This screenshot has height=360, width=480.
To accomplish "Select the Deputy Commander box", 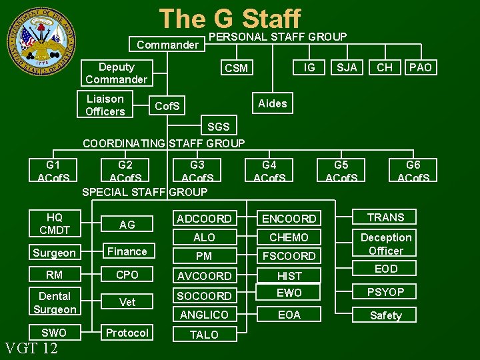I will (x=116, y=73).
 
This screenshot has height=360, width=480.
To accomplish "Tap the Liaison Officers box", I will (x=105, y=105).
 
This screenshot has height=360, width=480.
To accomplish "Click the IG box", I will (x=309, y=67).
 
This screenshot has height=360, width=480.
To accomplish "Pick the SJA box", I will (x=347, y=67).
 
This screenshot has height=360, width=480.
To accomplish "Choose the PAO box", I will (x=420, y=67).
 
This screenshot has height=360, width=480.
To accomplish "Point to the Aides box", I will (x=272, y=103).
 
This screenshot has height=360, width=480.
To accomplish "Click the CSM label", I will (x=236, y=68).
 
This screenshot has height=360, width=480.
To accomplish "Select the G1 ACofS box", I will (x=53, y=171).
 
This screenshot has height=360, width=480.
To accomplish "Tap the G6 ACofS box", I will (x=413, y=171).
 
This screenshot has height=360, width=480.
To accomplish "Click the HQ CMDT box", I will (x=54, y=224).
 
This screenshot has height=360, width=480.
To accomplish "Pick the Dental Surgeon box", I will (x=54, y=302).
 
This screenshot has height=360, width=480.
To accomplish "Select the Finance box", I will (x=127, y=251).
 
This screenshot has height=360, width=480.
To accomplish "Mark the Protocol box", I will (x=127, y=333).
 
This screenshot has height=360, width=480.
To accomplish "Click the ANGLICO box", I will (x=204, y=314).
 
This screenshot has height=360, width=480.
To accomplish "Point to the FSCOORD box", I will (x=289, y=256).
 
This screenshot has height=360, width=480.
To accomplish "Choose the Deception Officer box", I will (x=386, y=244).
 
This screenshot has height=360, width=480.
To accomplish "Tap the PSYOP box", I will (x=386, y=292).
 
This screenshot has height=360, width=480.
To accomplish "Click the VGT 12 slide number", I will (x=31, y=348).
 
